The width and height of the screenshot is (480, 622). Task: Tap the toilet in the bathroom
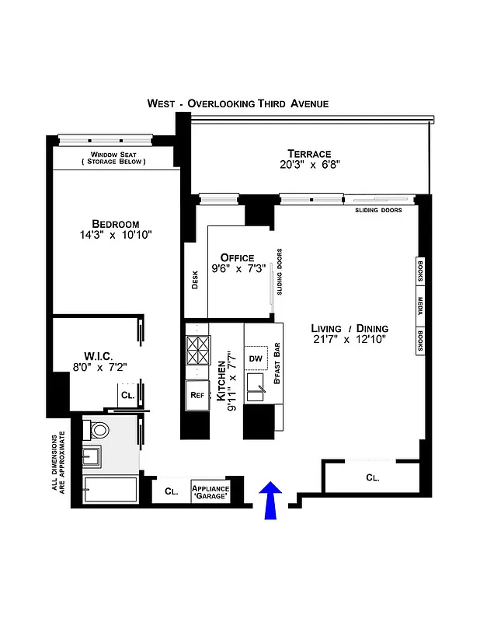click(x=99, y=430)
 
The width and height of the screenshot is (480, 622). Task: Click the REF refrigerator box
click(x=197, y=394)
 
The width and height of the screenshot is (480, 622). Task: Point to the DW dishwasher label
click(x=256, y=358)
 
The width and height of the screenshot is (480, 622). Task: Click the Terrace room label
click(x=309, y=153)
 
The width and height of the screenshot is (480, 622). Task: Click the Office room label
click(x=237, y=257)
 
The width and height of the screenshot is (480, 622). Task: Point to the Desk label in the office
click(x=195, y=279)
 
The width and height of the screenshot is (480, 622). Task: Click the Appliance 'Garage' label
click(x=210, y=491)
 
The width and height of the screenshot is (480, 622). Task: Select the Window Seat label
click(x=114, y=155)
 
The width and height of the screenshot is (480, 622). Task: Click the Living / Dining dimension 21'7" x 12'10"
click(x=349, y=339)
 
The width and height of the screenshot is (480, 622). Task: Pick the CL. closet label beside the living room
click(x=373, y=477)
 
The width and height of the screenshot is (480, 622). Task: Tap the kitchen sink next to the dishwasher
click(x=256, y=384)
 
